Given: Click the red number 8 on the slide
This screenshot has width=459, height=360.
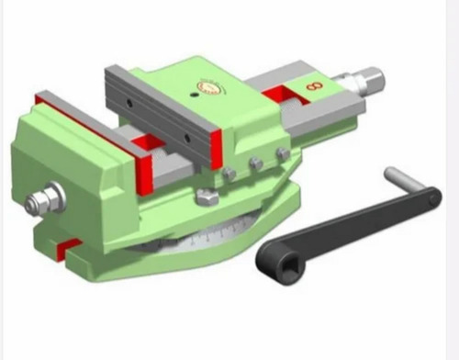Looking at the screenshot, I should point(316,87).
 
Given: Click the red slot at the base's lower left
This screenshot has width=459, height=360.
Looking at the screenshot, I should point(65,246).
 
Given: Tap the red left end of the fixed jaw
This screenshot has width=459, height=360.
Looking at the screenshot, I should point(41,97).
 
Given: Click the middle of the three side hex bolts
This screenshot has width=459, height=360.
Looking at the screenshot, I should point(255,164).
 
